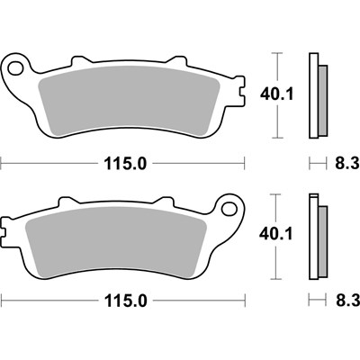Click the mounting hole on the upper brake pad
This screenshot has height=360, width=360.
[x=15, y=67]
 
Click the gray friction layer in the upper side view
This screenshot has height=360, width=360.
[x=321, y=99]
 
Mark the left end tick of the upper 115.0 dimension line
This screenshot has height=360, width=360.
[x=2, y=163]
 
